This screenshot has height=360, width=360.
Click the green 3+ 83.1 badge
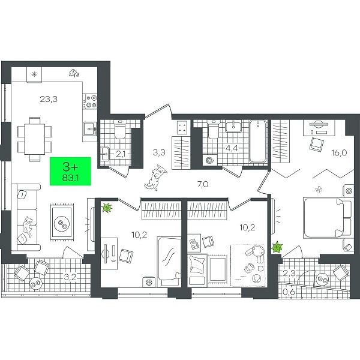point(70,171)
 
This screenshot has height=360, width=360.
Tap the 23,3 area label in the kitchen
point(49,99)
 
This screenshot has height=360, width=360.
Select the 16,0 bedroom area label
point(339,152)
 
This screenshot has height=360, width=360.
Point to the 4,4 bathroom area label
point(232,149)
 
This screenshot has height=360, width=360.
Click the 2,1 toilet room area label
point(121,154)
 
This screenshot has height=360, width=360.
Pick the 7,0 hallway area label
point(203,184)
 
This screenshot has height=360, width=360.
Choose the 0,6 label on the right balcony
point(289,292)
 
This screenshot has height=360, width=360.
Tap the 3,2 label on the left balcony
point(70,277)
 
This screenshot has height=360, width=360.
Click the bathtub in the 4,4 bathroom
point(258,141)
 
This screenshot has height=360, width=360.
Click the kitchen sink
point(90,129)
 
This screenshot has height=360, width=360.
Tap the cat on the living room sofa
point(28,226)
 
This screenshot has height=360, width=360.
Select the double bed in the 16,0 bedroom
point(328,218)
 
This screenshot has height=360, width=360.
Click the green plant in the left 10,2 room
point(107,208)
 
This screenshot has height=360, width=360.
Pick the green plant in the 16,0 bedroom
point(277,247)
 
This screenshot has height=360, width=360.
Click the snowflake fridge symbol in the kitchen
point(34,74)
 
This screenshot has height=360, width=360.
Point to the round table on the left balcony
point(35,284)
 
